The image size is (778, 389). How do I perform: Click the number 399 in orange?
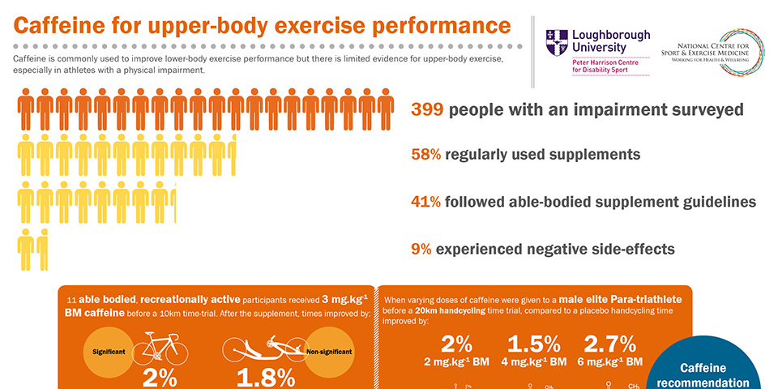[x=427, y=109]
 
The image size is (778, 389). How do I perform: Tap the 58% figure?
[x=426, y=154]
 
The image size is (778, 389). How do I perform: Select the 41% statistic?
[x=426, y=202]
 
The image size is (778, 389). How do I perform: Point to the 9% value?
[x=421, y=250]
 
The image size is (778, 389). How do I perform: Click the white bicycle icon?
[x=160, y=348]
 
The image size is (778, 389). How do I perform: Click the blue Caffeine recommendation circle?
[x=713, y=369]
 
